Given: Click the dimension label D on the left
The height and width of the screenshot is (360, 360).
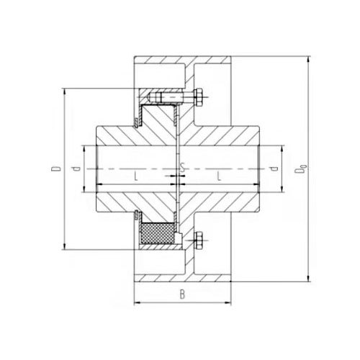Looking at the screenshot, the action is point(56,168).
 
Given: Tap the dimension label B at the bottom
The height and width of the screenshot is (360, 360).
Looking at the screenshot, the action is point(182,294).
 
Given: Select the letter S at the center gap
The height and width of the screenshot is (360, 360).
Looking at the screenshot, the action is point(183,168).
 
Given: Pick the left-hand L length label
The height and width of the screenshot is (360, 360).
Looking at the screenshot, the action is point(136,177).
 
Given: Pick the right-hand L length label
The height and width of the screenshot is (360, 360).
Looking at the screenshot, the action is point(219,177).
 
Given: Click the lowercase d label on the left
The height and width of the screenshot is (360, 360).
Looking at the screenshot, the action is point(77,168).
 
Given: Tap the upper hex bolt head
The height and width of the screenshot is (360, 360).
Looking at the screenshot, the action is point(198,97).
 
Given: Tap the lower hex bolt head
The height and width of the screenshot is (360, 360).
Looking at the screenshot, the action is point(198,240).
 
